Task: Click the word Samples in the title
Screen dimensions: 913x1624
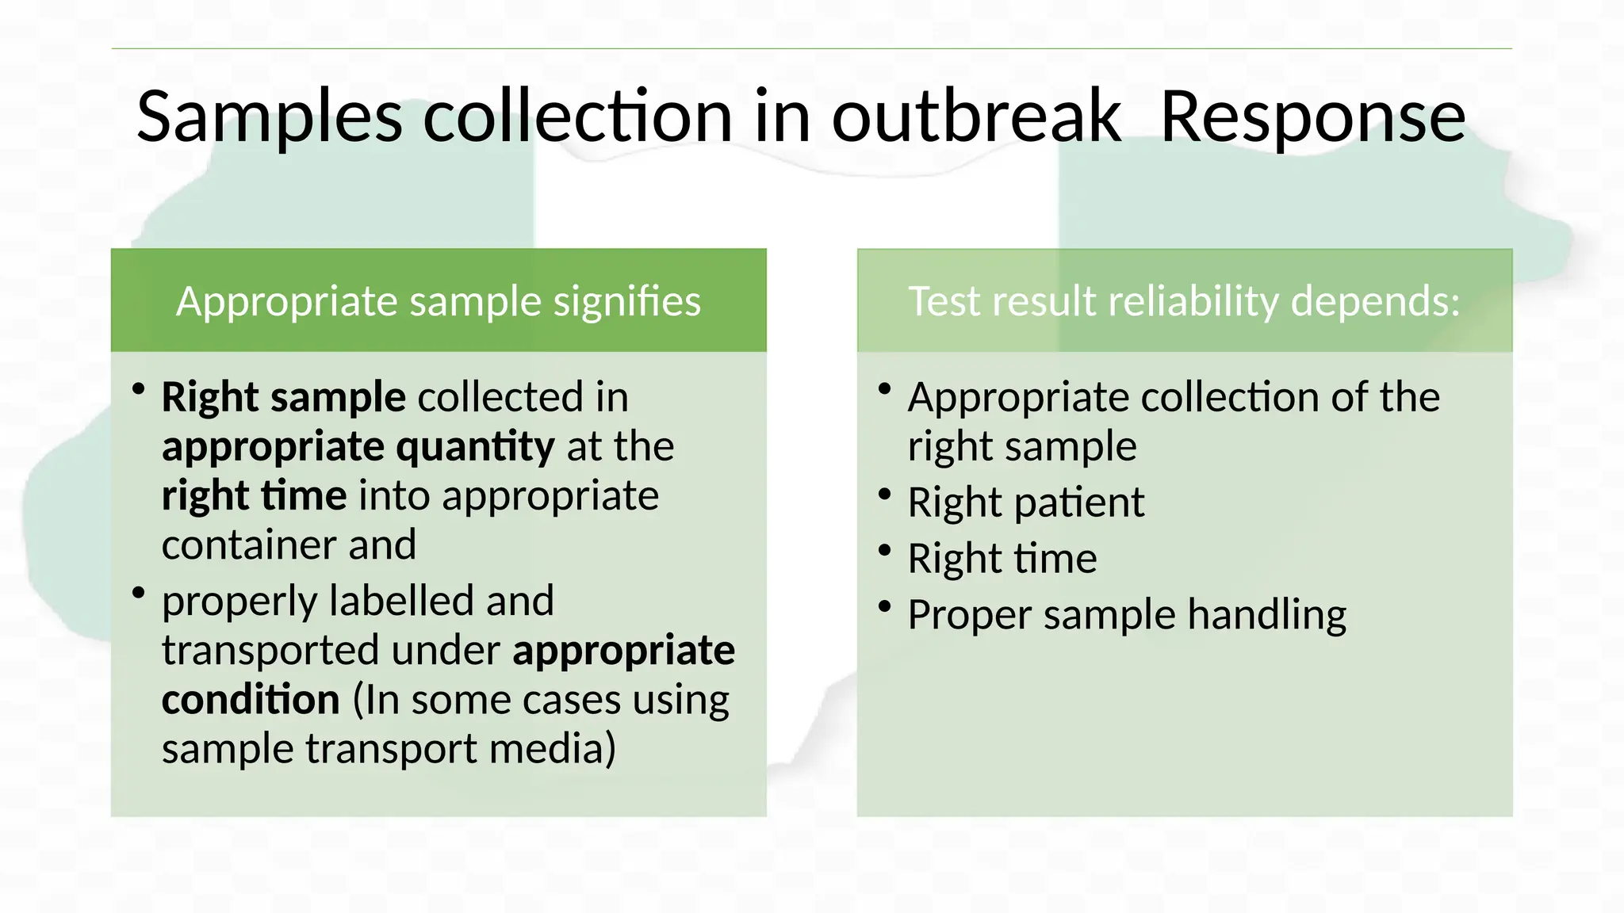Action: click(270, 117)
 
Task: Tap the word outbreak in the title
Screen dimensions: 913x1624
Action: click(976, 117)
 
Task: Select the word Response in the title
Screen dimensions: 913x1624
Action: click(1312, 117)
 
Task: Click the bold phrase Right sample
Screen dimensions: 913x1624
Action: click(284, 397)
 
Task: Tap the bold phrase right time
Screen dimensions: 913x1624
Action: click(254, 496)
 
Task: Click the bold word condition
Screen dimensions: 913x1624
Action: click(251, 700)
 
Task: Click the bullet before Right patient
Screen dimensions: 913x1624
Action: click(885, 495)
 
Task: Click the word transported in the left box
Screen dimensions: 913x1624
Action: click(270, 651)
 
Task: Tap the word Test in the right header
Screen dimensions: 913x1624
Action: click(944, 302)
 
